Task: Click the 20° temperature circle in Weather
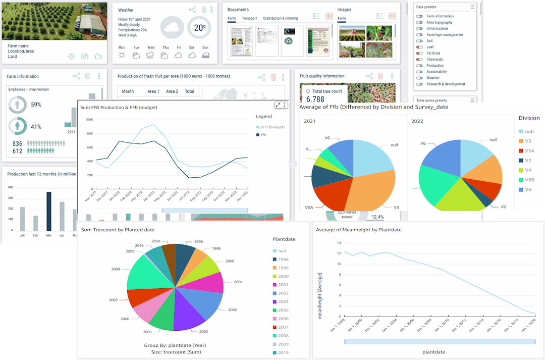[x=200, y=28]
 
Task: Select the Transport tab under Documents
[x=249, y=18]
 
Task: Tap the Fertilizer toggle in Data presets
[x=419, y=53]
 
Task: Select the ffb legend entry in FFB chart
[x=263, y=135]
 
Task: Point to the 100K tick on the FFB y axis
[x=89, y=120]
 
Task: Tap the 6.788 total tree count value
[x=315, y=99]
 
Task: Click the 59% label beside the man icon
[x=36, y=105]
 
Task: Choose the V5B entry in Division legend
[x=529, y=180]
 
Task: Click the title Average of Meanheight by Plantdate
[x=358, y=230]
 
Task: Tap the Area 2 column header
[x=172, y=91]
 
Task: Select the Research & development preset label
[x=446, y=84]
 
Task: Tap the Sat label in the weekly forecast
[x=191, y=47]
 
